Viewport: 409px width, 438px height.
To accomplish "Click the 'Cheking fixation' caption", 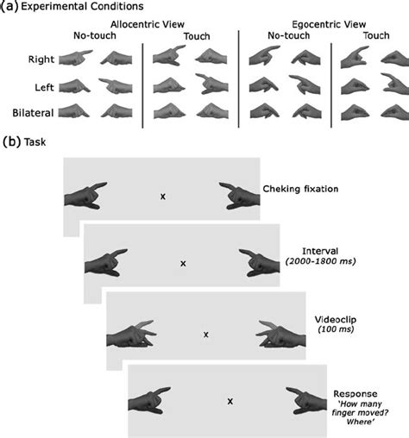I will [301, 187].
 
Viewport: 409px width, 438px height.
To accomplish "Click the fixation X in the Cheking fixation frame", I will [162, 197].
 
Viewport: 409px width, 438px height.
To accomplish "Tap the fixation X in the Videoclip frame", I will [205, 334].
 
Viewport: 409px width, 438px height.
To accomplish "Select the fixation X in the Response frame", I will [230, 401].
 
